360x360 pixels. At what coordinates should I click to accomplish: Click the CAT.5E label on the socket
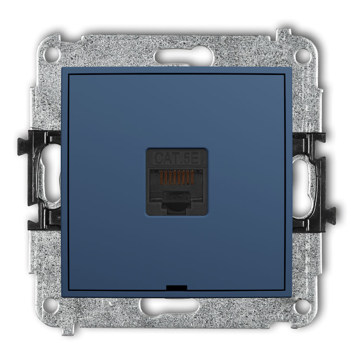pyautogui.click(x=177, y=158)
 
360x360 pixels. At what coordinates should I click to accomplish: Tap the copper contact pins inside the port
pyautogui.click(x=177, y=178)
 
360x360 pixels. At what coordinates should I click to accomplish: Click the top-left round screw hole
pyautogui.click(x=51, y=55)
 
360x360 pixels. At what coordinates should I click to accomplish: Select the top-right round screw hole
pyautogui.click(x=302, y=55)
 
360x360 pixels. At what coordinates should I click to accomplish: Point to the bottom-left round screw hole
pyautogui.click(x=51, y=306)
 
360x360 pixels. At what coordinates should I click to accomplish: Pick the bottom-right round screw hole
pyautogui.click(x=302, y=306)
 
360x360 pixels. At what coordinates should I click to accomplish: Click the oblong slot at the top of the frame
pyautogui.click(x=184, y=57)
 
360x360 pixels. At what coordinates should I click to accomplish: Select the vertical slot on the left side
pyautogui.click(x=49, y=174)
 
